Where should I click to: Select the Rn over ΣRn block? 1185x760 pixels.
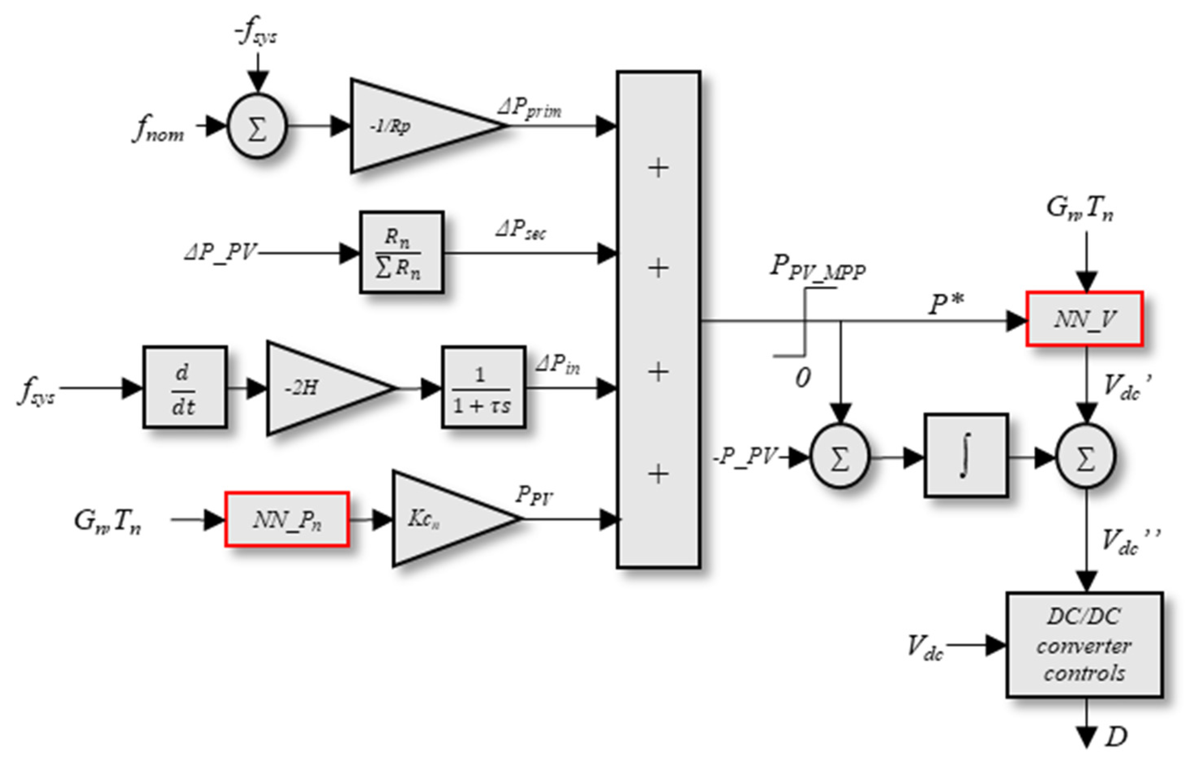401,253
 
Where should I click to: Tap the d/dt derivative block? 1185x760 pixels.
184,387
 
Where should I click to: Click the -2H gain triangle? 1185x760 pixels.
316,388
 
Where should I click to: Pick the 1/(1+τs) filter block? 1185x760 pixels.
483,387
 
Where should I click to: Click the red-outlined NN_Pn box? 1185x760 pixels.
287,519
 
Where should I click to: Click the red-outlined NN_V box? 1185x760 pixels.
1084,319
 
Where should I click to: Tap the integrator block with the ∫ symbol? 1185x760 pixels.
965,455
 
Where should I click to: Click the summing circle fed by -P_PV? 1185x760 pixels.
840,456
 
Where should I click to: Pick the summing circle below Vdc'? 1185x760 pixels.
1085,456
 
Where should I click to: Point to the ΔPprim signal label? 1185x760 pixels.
529,109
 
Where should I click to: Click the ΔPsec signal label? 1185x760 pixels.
521,230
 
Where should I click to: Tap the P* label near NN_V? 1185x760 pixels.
945,304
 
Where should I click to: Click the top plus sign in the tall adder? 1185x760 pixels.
658,168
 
